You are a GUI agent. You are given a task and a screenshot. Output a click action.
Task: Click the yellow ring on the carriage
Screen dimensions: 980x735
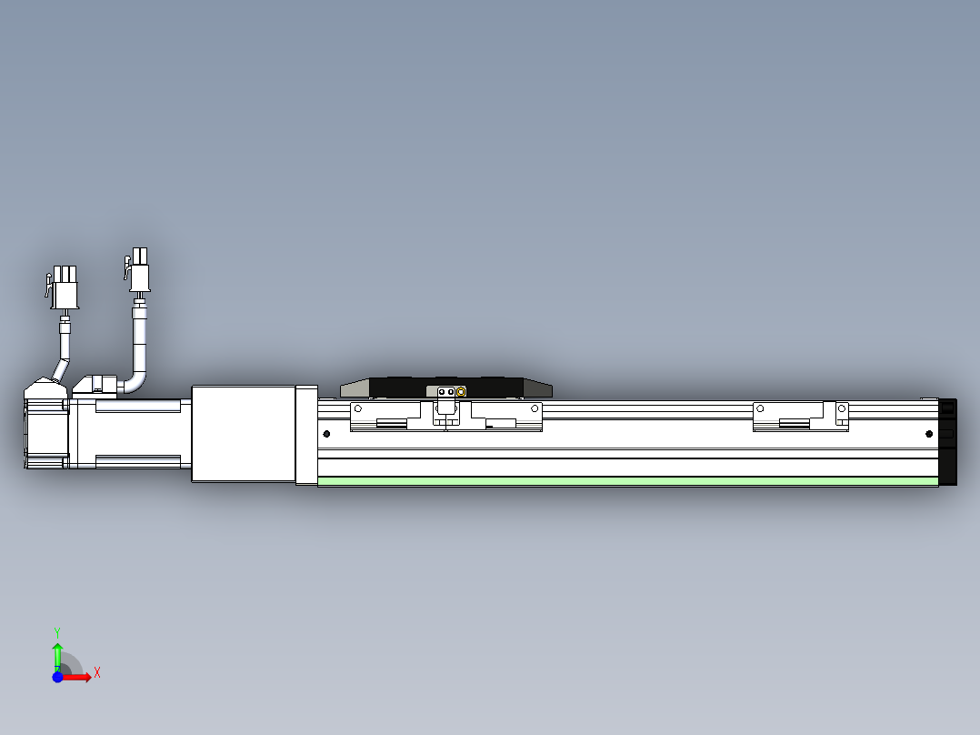[461, 392]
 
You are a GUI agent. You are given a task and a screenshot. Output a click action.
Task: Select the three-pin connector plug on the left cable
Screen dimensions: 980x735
[64, 287]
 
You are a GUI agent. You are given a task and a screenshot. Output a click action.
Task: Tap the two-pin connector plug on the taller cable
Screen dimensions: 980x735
[138, 270]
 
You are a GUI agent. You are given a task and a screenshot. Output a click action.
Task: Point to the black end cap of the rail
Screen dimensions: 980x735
[947, 441]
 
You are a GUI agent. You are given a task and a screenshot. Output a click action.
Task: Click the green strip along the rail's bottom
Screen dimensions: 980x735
[628, 481]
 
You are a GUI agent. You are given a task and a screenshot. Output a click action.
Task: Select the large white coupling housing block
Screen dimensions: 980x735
[244, 434]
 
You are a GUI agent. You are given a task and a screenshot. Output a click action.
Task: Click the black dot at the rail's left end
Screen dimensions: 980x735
[326, 434]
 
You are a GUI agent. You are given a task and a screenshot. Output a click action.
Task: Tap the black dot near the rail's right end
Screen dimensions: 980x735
[929, 434]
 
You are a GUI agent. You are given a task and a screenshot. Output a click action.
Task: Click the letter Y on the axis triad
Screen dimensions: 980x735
[57, 633]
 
